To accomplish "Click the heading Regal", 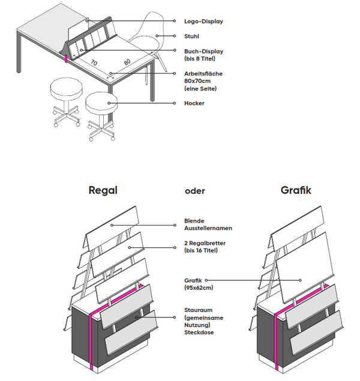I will [103, 191].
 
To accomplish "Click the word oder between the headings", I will [196, 192].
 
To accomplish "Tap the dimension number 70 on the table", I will [94, 62].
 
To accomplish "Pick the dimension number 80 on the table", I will [127, 62].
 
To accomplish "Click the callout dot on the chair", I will [157, 37].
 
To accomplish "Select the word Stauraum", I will [198, 310].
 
